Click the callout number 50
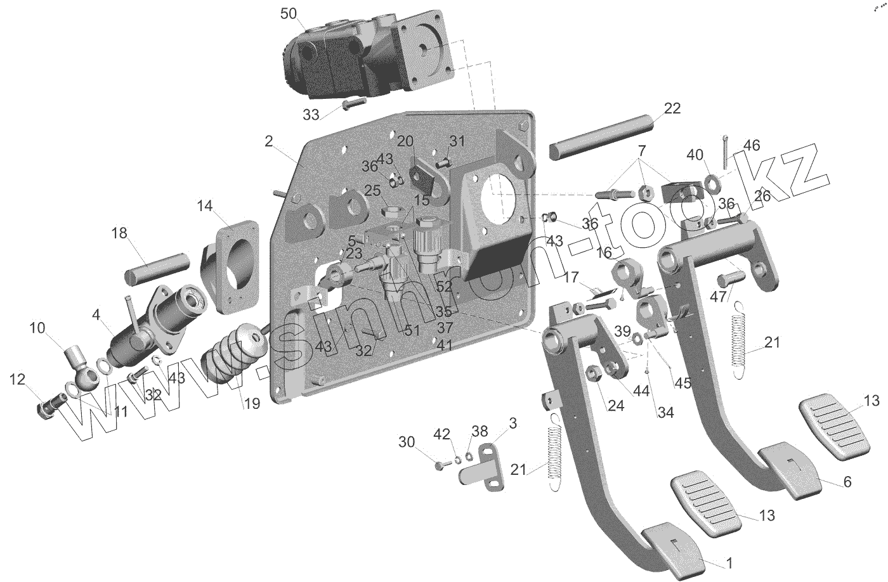coord(288,14)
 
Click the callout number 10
coord(38,327)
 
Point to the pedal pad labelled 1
coord(672,546)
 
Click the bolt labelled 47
coord(729,278)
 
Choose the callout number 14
coord(204,205)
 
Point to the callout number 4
coord(96,314)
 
